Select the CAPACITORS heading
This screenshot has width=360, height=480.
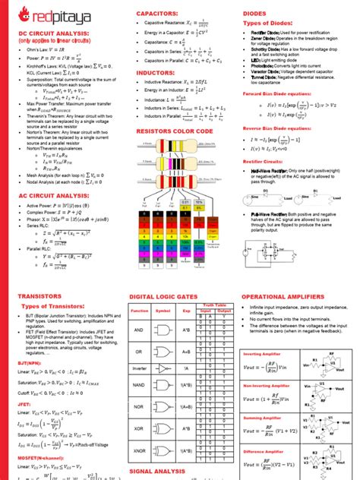pyautogui.click(x=157, y=14)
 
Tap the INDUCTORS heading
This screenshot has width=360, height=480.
pyautogui.click(x=156, y=73)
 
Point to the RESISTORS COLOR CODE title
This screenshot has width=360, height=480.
pyautogui.click(x=174, y=132)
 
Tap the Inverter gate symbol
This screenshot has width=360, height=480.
pyautogui.click(x=163, y=368)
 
